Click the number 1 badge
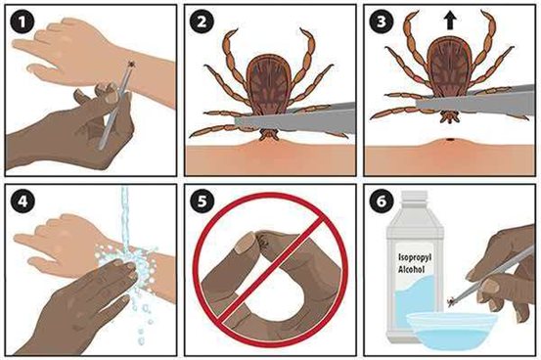coord(23,22)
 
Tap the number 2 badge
coord(202,22)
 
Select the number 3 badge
coord(382,22)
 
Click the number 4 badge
coord(23,202)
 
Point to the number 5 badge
coord(202,202)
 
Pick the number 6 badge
coord(382,202)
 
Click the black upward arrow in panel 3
coord(450,22)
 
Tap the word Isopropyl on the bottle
coord(415,258)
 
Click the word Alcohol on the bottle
coord(411,269)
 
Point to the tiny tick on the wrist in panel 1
coord(131,64)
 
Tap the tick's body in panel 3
coord(449,65)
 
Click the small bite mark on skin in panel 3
coord(450,140)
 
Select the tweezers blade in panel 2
coord(295,120)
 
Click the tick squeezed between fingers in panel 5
coord(264,239)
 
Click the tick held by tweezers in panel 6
coord(451,302)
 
